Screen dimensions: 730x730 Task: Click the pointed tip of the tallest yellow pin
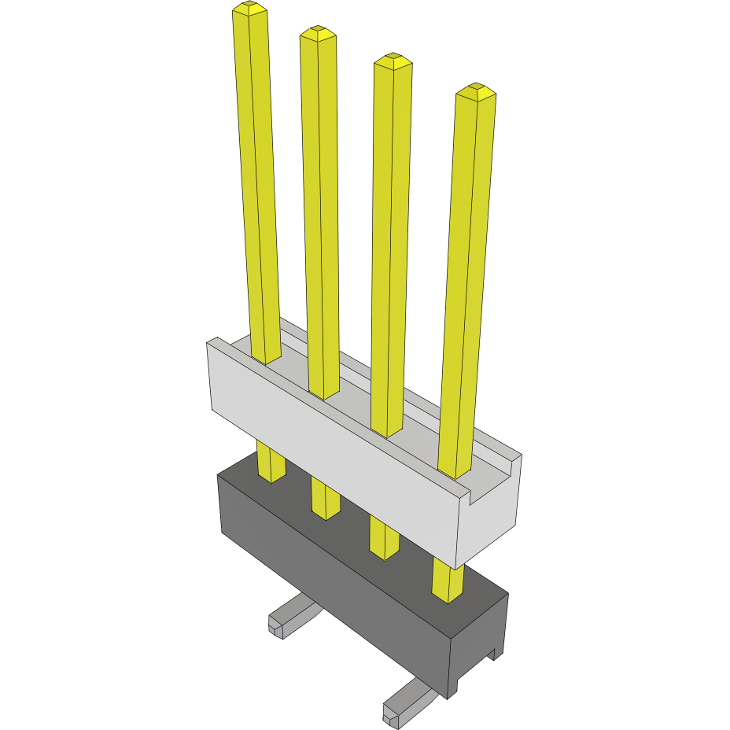click(249, 9)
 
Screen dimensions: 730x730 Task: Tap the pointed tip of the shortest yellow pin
click(475, 90)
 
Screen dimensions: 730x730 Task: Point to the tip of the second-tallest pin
click(317, 32)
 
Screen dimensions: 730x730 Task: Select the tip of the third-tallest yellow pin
click(393, 60)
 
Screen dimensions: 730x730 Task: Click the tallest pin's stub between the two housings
click(271, 463)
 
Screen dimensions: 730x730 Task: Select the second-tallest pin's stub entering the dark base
click(325, 500)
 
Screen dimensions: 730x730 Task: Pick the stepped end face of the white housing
click(492, 503)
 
